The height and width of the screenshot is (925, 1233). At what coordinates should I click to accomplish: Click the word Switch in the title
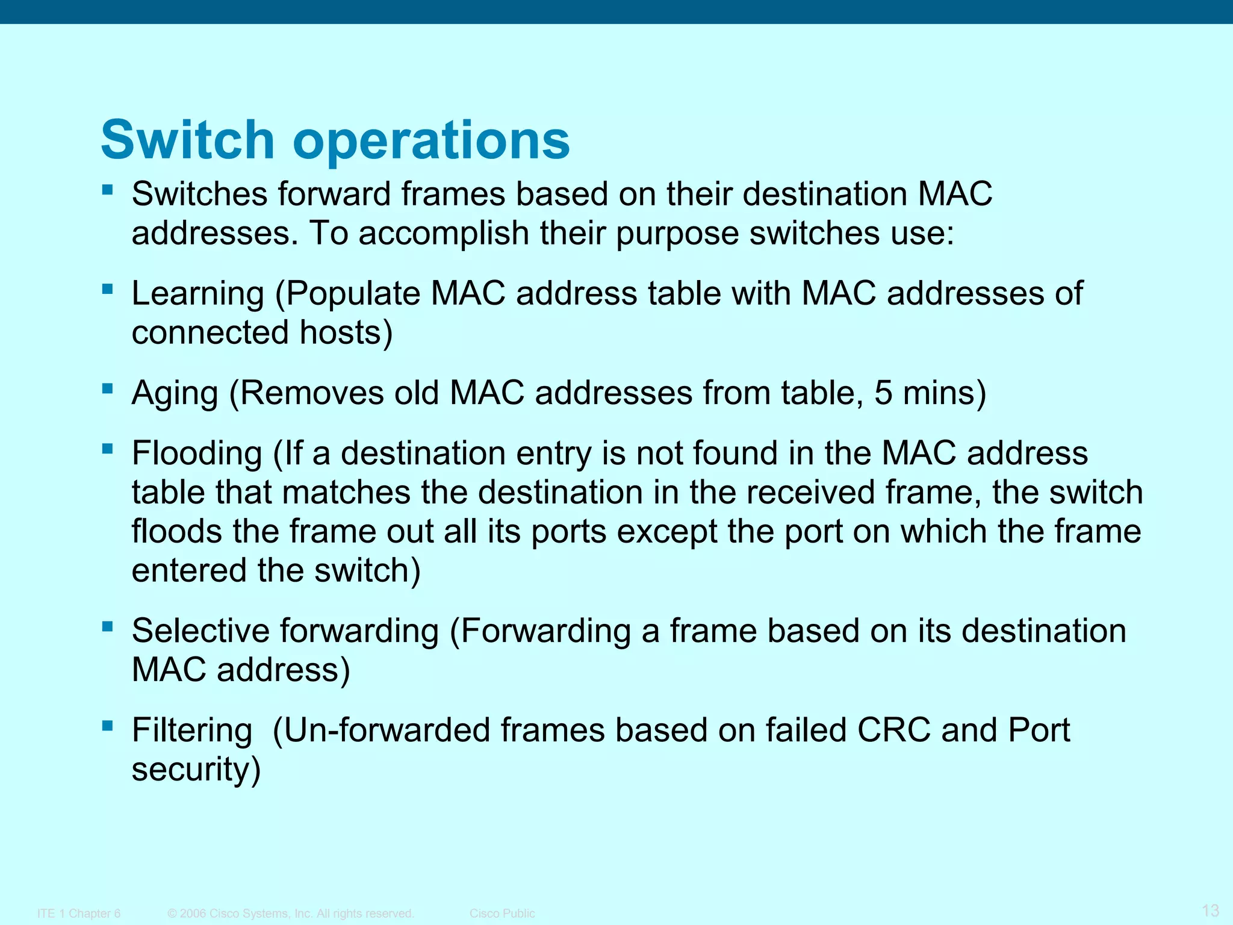[x=187, y=140]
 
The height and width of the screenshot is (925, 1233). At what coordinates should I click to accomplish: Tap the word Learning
[x=198, y=294]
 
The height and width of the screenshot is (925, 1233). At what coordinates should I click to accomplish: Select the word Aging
[x=175, y=394]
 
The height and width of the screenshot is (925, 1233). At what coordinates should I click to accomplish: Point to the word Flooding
[x=197, y=453]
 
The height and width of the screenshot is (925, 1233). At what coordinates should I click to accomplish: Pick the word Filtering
[x=192, y=730]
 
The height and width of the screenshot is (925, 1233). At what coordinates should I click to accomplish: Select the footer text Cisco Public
[x=502, y=914]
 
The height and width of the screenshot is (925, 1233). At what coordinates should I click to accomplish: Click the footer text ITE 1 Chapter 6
[x=79, y=914]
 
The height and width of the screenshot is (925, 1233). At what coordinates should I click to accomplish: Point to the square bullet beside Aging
[x=108, y=388]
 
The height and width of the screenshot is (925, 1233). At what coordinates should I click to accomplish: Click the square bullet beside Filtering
[x=108, y=726]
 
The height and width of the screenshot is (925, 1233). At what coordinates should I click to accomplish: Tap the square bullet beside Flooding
[x=108, y=449]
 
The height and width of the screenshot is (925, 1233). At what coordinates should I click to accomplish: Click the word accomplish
[x=444, y=234]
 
